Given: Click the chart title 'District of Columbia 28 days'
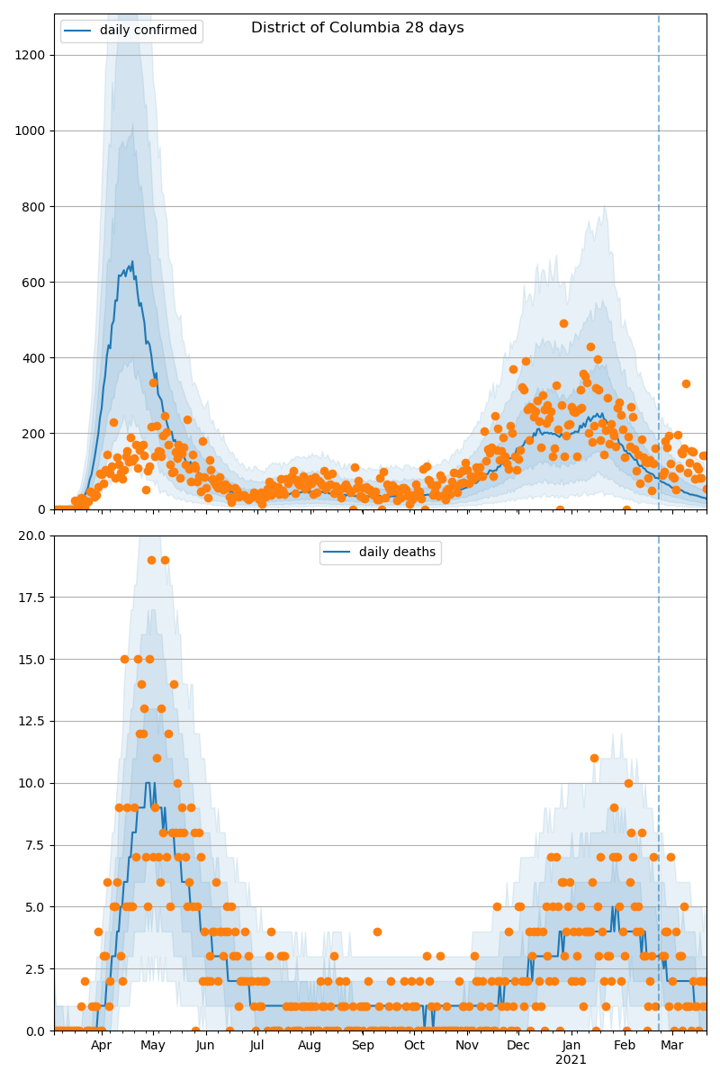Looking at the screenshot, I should pyautogui.click(x=357, y=28).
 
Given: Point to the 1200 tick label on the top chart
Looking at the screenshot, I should pyautogui.click(x=31, y=55).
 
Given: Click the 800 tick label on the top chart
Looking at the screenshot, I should pyautogui.click(x=34, y=207).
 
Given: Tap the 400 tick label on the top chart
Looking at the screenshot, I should pyautogui.click(x=34, y=358).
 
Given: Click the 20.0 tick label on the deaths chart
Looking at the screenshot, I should pyautogui.click(x=32, y=535).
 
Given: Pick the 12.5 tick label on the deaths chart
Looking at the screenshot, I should pyautogui.click(x=32, y=721).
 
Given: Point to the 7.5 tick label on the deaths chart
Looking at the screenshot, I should pyautogui.click(x=35, y=845).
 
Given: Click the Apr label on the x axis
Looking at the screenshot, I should pyautogui.click(x=101, y=1046).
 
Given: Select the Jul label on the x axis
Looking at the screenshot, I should pyautogui.click(x=257, y=1046).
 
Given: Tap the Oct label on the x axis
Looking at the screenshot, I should pyautogui.click(x=414, y=1046).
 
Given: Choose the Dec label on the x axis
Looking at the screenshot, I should pyautogui.click(x=518, y=1046).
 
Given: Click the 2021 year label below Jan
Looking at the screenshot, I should pyautogui.click(x=571, y=1060).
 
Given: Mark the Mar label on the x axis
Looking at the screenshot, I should pyautogui.click(x=671, y=1046).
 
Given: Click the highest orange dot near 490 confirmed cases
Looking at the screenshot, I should pyautogui.click(x=563, y=323).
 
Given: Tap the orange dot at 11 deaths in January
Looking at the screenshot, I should pyautogui.click(x=594, y=758).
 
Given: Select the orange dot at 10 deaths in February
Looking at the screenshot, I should pyautogui.click(x=628, y=783).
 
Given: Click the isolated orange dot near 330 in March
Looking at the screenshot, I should pyautogui.click(x=686, y=383).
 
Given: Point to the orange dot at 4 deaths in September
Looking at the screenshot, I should pyautogui.click(x=377, y=931).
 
